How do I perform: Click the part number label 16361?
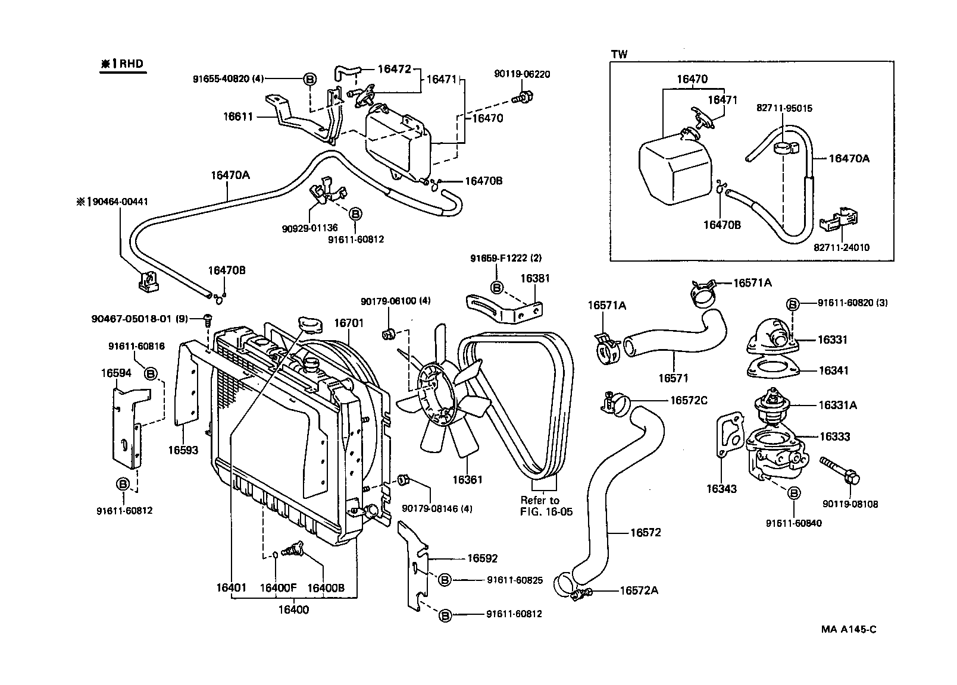467,479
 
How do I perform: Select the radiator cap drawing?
309,325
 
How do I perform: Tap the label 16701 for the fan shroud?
348,323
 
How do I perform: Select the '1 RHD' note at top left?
122,64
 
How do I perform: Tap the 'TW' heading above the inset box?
619,54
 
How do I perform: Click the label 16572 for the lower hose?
645,532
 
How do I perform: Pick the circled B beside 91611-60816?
151,373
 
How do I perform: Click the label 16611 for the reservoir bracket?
238,117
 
